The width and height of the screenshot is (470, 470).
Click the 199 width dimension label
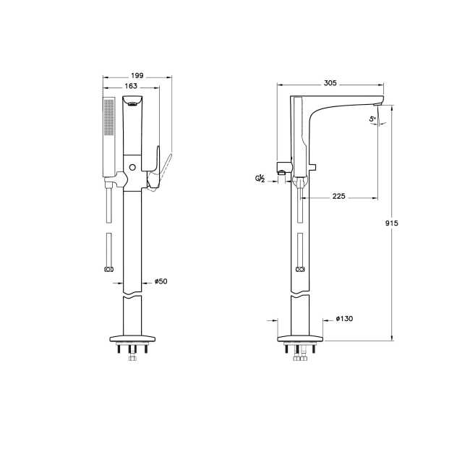(x=137, y=76)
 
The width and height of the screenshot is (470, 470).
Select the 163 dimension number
(x=131, y=87)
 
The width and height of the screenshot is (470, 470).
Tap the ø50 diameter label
(x=161, y=282)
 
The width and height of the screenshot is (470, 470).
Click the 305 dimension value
(x=330, y=83)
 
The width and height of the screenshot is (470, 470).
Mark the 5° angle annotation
(x=372, y=118)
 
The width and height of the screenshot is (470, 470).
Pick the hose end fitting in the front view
(x=108, y=269)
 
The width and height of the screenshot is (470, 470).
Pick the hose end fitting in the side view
(x=299, y=269)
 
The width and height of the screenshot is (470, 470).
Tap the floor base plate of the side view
(x=299, y=338)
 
